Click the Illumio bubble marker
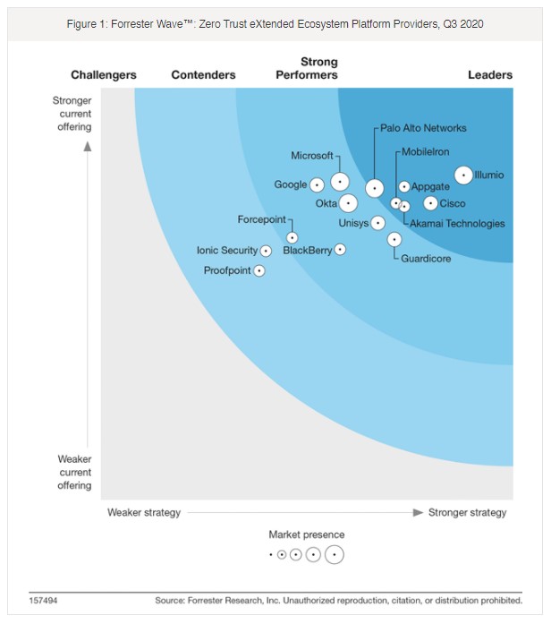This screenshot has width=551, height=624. [463, 175]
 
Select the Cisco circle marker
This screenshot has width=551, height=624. [430, 203]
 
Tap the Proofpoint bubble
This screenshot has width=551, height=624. [259, 270]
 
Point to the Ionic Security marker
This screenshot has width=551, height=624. [266, 251]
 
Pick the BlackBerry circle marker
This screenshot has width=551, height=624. [340, 250]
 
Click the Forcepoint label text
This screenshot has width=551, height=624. [261, 219]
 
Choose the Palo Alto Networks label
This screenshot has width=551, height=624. [423, 128]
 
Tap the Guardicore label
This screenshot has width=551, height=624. [426, 259]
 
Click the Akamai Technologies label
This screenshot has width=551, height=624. [457, 223]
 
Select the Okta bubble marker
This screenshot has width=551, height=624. [348, 203]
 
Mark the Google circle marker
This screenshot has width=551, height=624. [316, 185]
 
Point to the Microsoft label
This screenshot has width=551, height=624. [312, 156]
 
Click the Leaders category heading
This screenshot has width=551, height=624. [490, 75]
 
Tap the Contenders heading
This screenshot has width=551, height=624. [203, 75]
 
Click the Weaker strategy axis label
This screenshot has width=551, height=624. [144, 513]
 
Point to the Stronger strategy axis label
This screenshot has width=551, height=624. [467, 513]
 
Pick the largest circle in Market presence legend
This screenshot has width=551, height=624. [334, 555]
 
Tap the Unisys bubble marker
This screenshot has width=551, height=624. [377, 223]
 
